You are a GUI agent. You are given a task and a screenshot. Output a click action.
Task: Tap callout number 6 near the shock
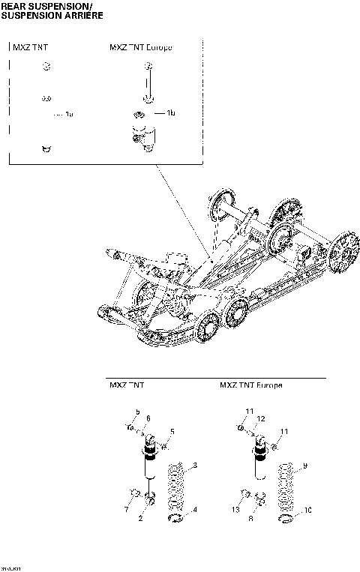(x=148, y=418)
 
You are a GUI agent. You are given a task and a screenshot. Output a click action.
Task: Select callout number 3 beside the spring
(x=195, y=466)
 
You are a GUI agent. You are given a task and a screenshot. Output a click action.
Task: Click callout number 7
(x=126, y=510)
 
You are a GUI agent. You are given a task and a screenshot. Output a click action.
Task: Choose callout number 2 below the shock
(x=140, y=518)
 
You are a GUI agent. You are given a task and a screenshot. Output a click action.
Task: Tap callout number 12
(x=262, y=418)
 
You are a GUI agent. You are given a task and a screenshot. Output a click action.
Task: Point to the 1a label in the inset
(x=69, y=114)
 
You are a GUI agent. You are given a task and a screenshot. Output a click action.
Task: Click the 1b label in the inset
(x=171, y=113)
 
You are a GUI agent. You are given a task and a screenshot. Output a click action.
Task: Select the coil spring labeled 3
(x=175, y=487)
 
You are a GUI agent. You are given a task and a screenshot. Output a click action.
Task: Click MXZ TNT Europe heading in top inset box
(x=141, y=48)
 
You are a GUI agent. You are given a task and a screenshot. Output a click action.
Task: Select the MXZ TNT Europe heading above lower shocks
(x=250, y=385)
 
